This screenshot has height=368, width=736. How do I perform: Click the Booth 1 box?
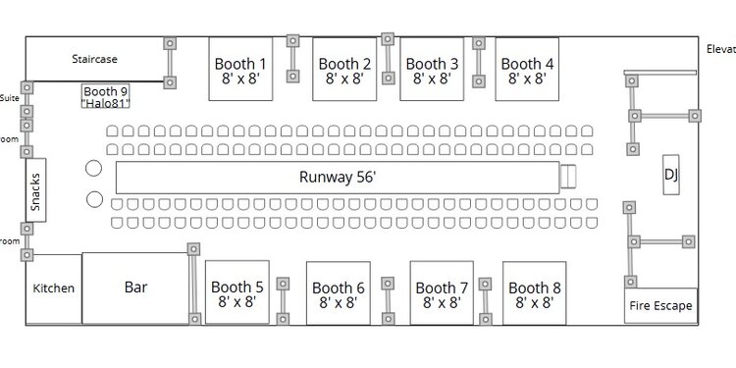(x=241, y=69)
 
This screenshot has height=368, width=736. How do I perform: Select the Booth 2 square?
(x=344, y=70)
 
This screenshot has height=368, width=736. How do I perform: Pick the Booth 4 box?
(x=527, y=69)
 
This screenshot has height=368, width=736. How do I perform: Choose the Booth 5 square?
(x=237, y=293)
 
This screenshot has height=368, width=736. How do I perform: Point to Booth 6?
(x=339, y=293)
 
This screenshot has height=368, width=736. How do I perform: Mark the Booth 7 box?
(x=442, y=293)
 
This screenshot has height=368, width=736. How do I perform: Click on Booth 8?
(x=535, y=293)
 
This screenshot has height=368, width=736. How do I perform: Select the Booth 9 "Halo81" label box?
(x=106, y=96)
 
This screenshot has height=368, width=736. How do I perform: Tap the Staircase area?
(x=95, y=60)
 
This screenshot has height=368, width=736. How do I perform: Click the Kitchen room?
(x=54, y=289)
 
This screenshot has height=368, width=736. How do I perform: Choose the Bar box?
(x=135, y=288)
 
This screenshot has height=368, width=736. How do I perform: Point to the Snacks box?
(x=35, y=192)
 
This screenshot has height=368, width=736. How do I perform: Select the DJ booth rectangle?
(x=672, y=175)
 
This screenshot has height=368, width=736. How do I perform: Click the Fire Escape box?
(x=660, y=305)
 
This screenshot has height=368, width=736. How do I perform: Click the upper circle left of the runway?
(x=95, y=168)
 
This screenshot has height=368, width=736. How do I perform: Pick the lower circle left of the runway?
(x=95, y=200)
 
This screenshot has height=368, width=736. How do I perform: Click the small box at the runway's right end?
(x=567, y=177)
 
